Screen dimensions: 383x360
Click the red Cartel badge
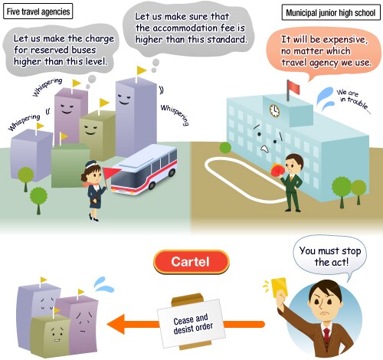click(191, 262)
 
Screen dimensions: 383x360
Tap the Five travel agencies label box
click(38, 11)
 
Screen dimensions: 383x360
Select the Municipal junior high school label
click(331, 12)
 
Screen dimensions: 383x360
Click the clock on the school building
click(274, 111)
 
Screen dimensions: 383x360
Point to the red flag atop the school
click(293, 87)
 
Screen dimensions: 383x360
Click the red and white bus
click(145, 169)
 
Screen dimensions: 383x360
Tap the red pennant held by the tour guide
click(111, 174)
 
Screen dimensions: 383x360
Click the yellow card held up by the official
click(280, 287)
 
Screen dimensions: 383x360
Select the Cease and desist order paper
click(191, 322)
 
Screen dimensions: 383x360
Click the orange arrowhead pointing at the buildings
click(116, 324)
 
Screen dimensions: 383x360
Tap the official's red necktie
click(326, 335)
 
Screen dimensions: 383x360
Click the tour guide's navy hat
click(91, 164)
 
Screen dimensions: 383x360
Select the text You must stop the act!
click(330, 256)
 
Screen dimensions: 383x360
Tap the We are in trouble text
click(353, 100)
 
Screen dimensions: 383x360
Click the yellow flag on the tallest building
click(141, 70)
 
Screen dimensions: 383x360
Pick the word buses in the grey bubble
click(83, 50)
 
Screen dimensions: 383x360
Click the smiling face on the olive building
click(90, 129)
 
